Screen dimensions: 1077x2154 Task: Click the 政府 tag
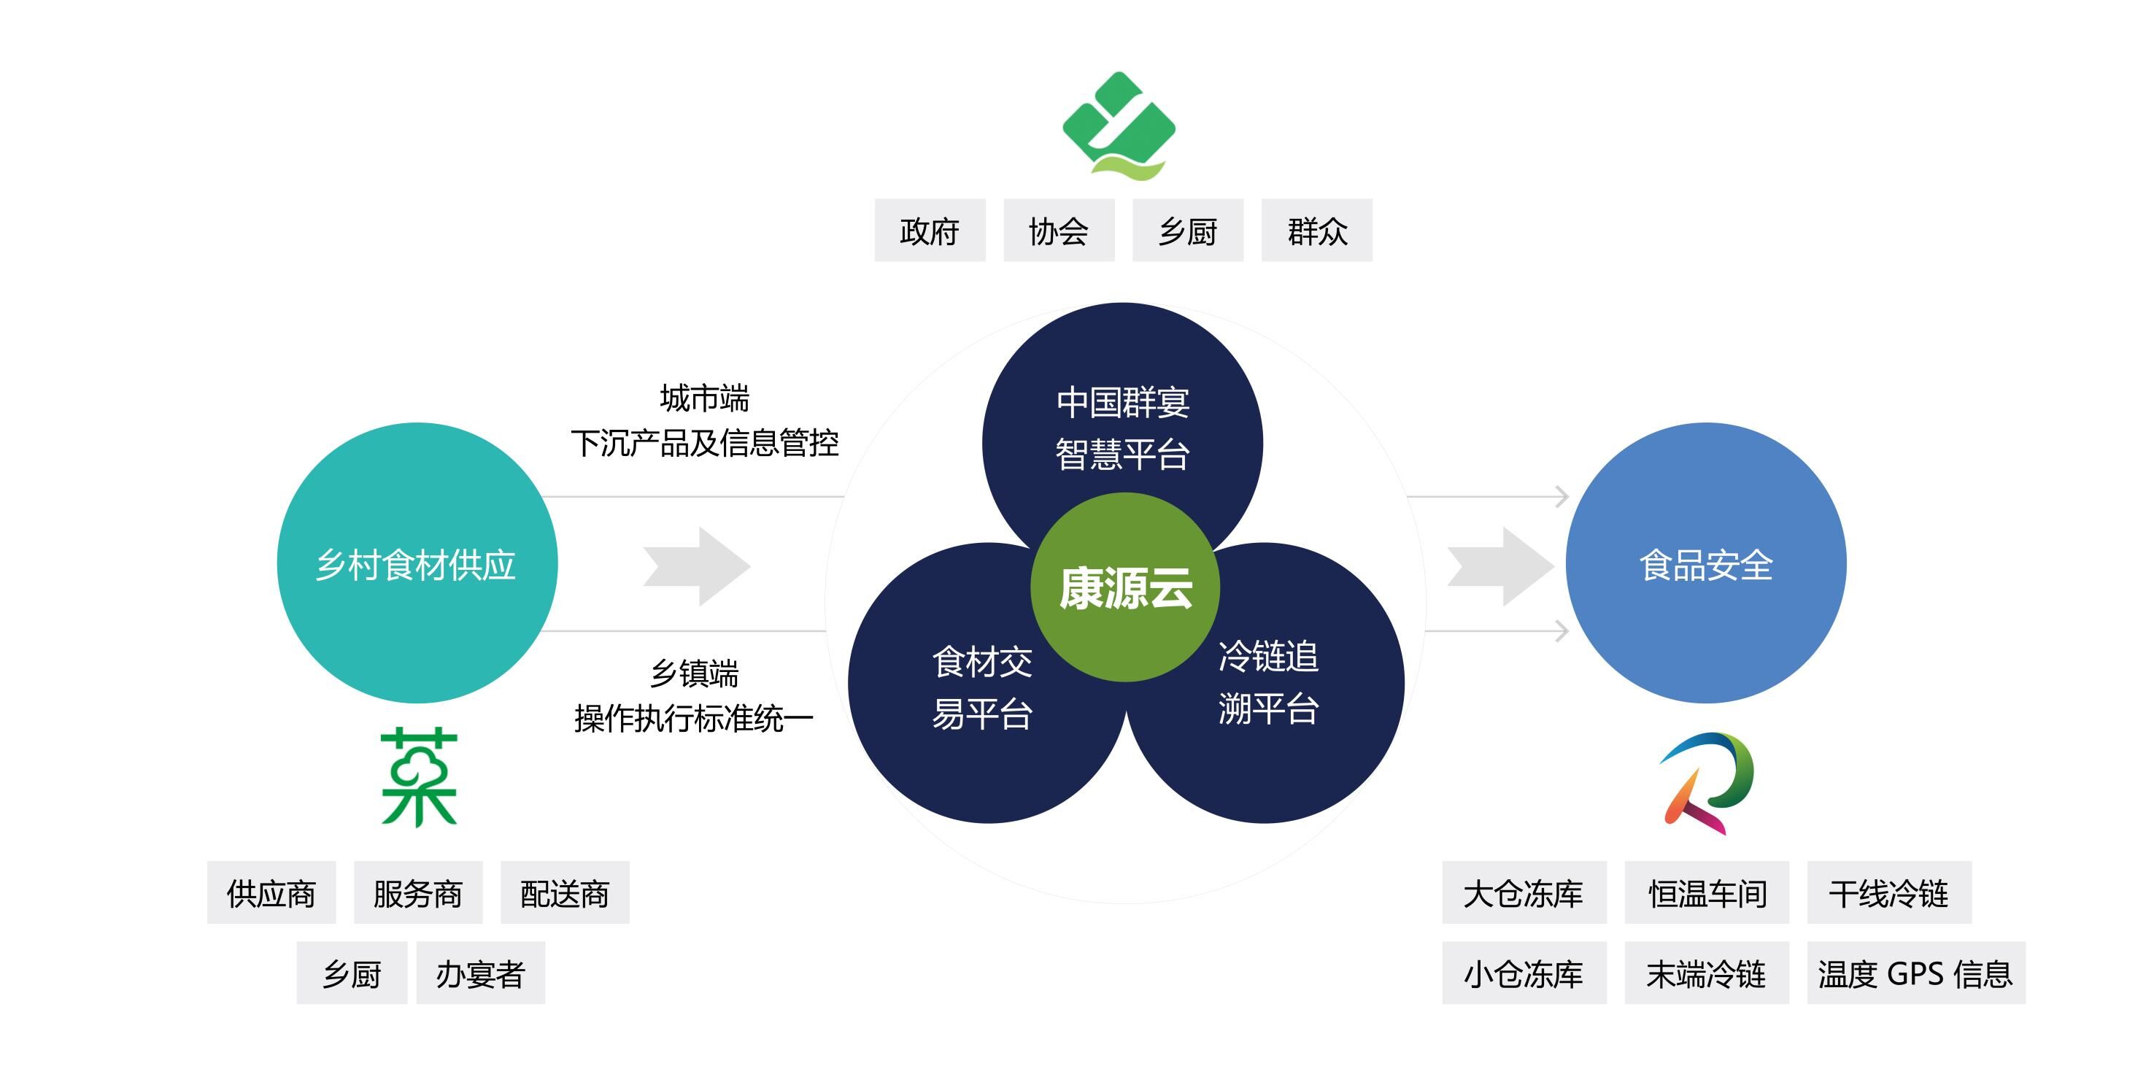click(x=930, y=231)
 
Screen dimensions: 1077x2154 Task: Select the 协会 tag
click(x=1059, y=231)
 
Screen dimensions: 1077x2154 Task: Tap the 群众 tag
click(x=1316, y=231)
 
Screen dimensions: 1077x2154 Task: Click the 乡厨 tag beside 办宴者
click(x=351, y=973)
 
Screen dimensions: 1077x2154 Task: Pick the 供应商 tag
click(x=271, y=893)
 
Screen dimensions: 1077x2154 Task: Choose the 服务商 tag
click(x=418, y=893)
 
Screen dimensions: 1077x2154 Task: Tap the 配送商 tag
click(x=565, y=893)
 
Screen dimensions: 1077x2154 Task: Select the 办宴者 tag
click(x=480, y=973)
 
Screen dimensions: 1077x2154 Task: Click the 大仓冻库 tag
click(x=1524, y=893)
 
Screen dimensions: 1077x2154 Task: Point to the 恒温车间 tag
click(x=1707, y=893)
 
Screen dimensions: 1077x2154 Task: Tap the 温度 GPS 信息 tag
click(x=1915, y=973)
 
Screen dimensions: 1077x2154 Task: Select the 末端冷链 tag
click(x=1707, y=973)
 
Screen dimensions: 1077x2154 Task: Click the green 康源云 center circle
click(x=1124, y=587)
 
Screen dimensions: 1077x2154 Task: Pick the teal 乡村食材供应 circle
click(x=417, y=563)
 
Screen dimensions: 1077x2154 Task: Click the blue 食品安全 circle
click(x=1706, y=563)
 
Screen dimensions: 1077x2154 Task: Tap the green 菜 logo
click(x=418, y=778)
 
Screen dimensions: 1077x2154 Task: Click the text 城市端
click(x=704, y=398)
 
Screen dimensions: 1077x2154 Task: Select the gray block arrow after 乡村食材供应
click(x=698, y=566)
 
